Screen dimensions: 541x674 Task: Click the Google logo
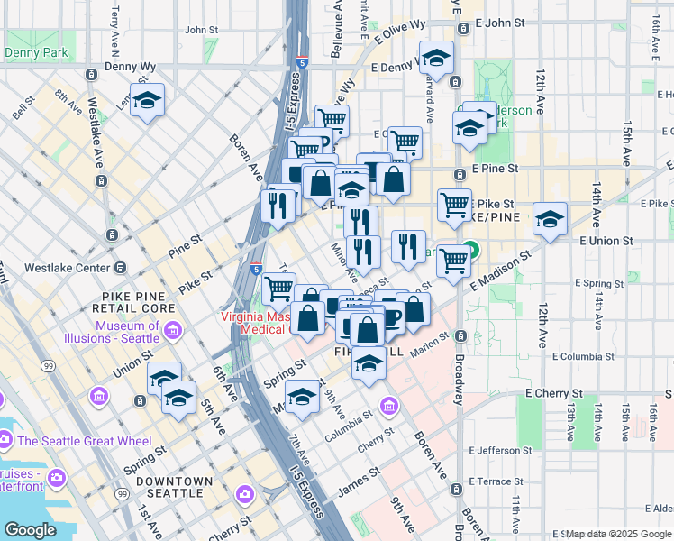29,530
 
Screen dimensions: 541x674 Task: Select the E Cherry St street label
554,394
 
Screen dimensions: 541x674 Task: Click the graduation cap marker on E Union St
550,217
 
